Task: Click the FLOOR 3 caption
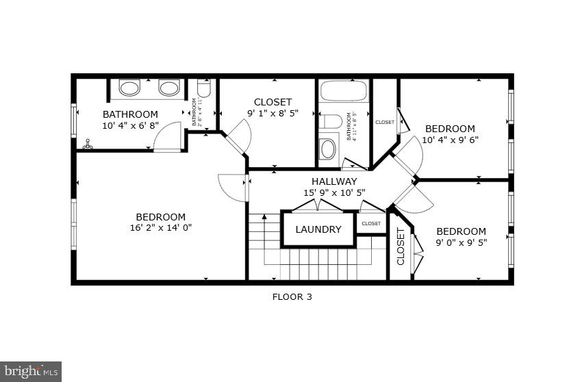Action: click(x=292, y=297)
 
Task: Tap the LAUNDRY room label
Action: click(x=318, y=229)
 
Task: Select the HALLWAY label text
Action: click(x=334, y=181)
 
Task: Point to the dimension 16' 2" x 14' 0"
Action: click(x=160, y=228)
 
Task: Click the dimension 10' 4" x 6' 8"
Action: click(x=130, y=125)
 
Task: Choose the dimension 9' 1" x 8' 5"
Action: click(x=273, y=114)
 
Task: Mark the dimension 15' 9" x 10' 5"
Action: click(x=334, y=193)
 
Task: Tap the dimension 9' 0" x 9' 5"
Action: click(x=461, y=242)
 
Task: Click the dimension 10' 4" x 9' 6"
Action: click(x=450, y=140)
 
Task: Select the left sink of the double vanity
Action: click(x=129, y=88)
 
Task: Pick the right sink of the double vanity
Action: click(x=168, y=88)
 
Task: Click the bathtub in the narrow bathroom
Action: click(x=344, y=91)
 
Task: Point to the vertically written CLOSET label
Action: click(x=401, y=246)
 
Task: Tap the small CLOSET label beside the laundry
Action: click(x=371, y=223)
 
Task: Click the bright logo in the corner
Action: click(x=31, y=372)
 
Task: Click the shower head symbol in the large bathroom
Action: click(x=87, y=144)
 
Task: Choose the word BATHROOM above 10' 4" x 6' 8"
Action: click(x=130, y=114)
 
